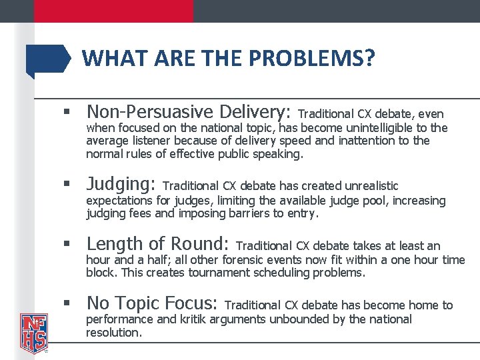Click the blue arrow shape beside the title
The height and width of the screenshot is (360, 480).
coord(48,61)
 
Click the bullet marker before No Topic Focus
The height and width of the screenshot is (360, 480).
coord(67,303)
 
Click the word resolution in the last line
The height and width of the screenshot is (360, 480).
coord(113,332)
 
